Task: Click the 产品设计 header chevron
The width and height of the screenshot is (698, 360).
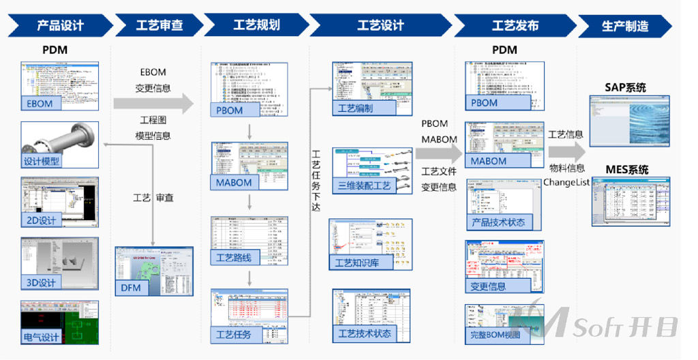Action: click(x=60, y=26)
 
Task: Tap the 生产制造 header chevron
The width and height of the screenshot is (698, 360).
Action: click(x=624, y=27)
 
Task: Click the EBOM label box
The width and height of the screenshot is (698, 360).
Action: click(x=40, y=104)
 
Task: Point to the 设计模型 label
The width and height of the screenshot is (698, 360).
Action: click(x=42, y=162)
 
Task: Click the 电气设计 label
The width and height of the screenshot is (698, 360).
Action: click(x=42, y=337)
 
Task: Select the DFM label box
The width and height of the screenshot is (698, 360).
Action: click(x=131, y=288)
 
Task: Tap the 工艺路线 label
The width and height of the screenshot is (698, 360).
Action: click(x=234, y=257)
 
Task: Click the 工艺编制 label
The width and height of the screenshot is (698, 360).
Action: click(x=356, y=108)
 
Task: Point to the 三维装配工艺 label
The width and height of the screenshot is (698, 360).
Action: click(x=365, y=185)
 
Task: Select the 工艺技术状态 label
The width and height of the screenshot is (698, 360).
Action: click(x=365, y=333)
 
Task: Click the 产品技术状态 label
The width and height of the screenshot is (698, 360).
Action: click(x=498, y=222)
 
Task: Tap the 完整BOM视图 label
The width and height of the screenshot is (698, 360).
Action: click(x=495, y=335)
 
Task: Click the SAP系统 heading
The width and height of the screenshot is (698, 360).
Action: click(x=625, y=87)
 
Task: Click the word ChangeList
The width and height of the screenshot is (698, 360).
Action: click(x=566, y=182)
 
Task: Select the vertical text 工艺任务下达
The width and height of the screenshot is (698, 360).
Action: click(x=316, y=180)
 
